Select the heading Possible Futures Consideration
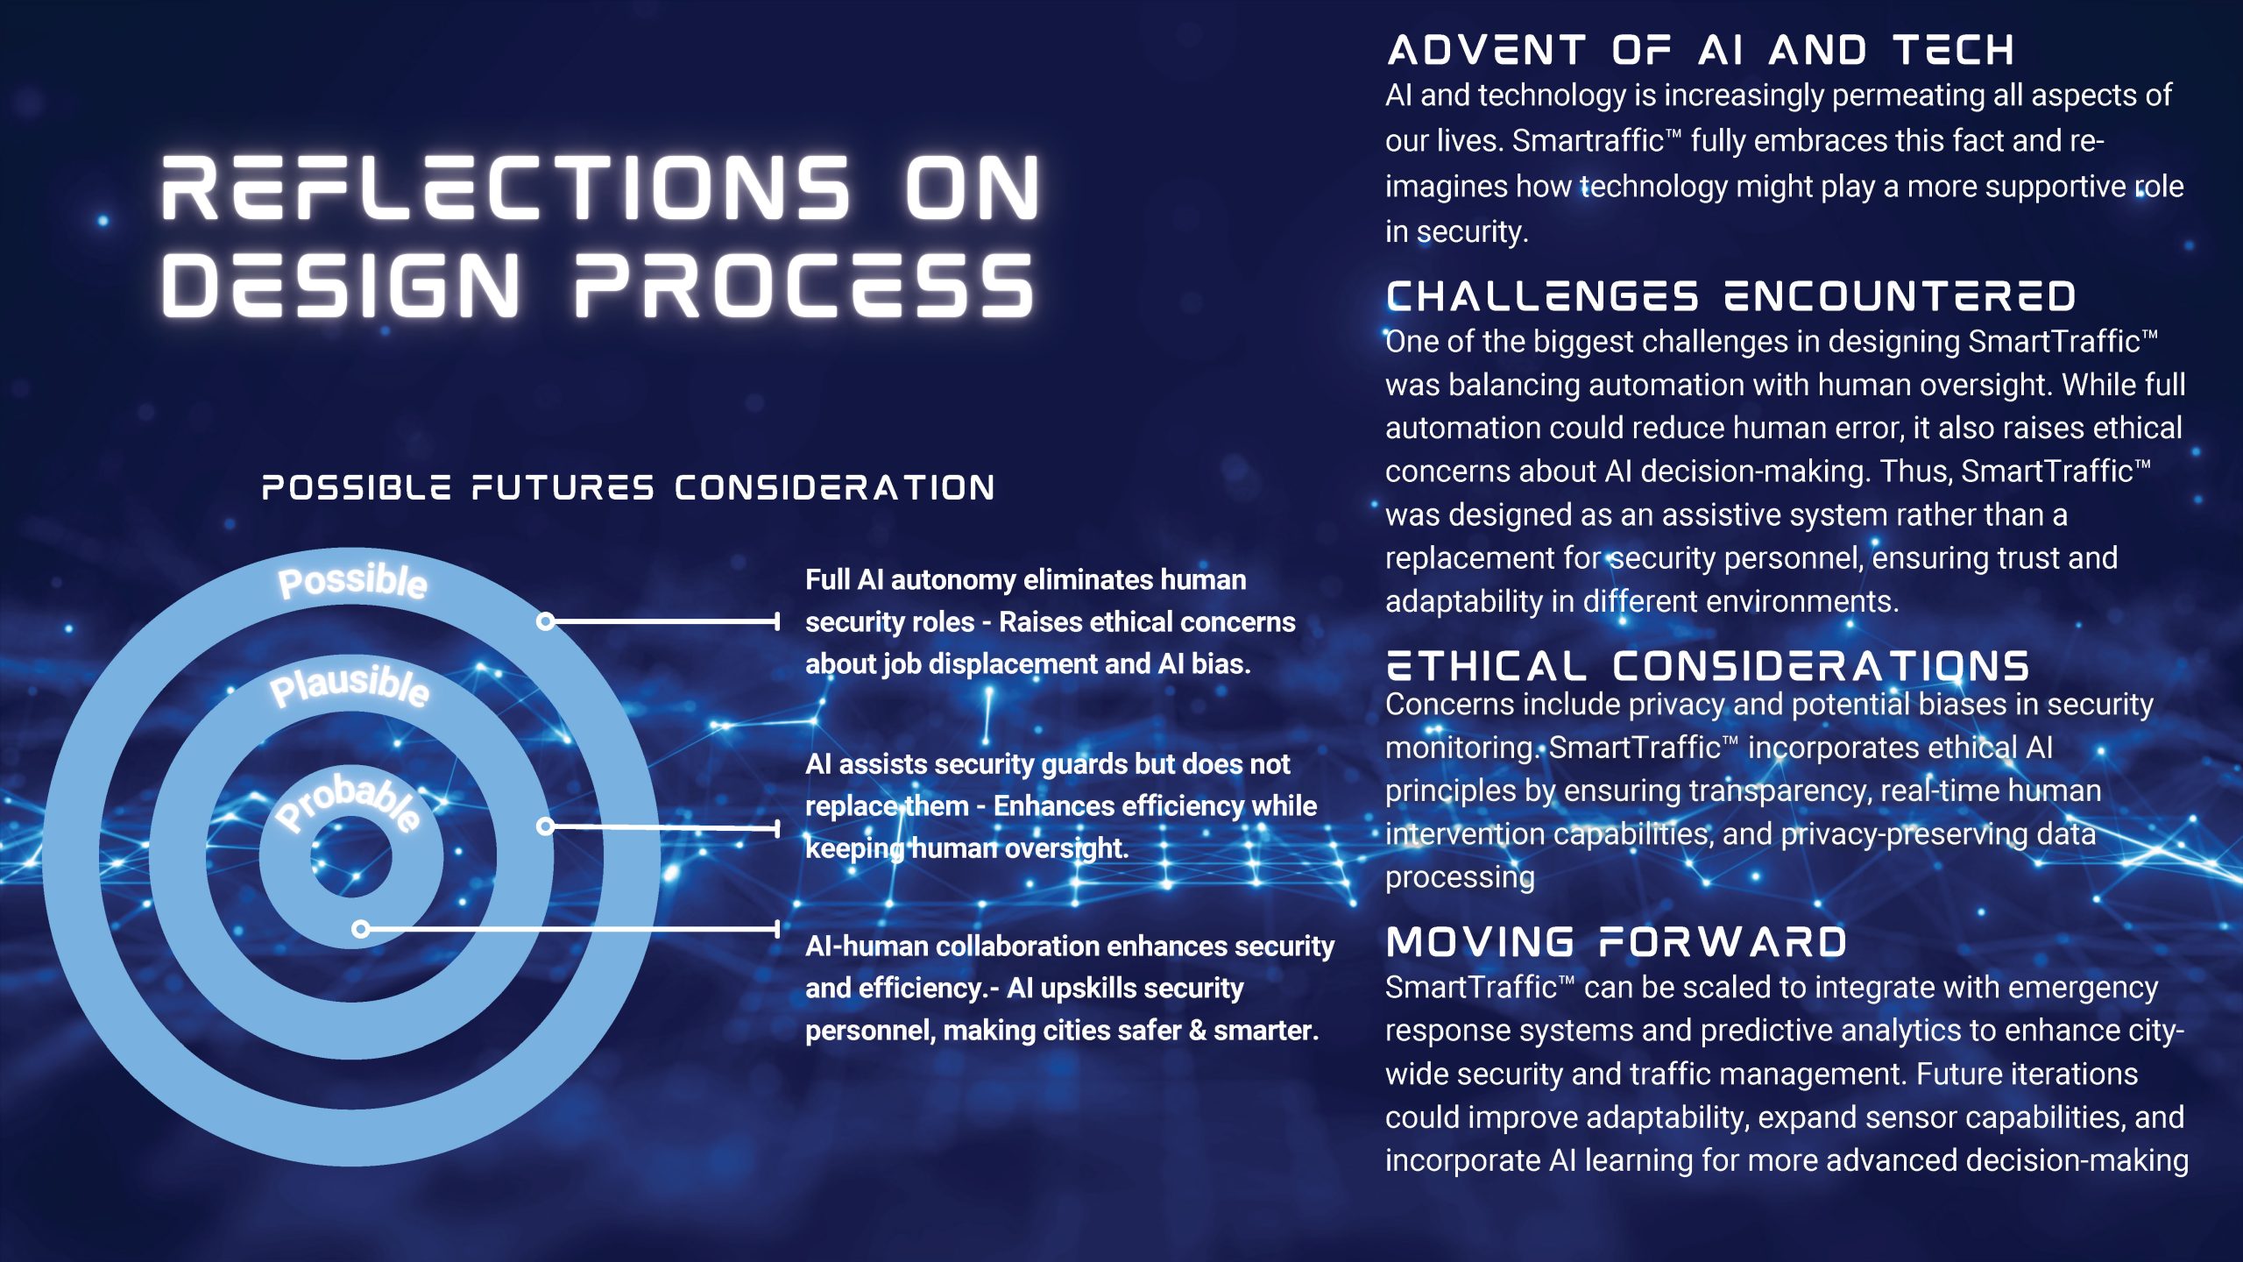point(628,487)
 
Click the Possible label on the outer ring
point(352,581)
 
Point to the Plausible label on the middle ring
point(350,684)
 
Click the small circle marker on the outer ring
point(545,621)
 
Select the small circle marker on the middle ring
point(545,826)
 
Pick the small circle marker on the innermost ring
point(360,929)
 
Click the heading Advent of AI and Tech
point(1701,50)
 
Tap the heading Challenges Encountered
point(1731,296)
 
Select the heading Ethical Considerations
point(1708,666)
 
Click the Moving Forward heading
point(1617,942)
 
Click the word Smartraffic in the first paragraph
point(1588,141)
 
